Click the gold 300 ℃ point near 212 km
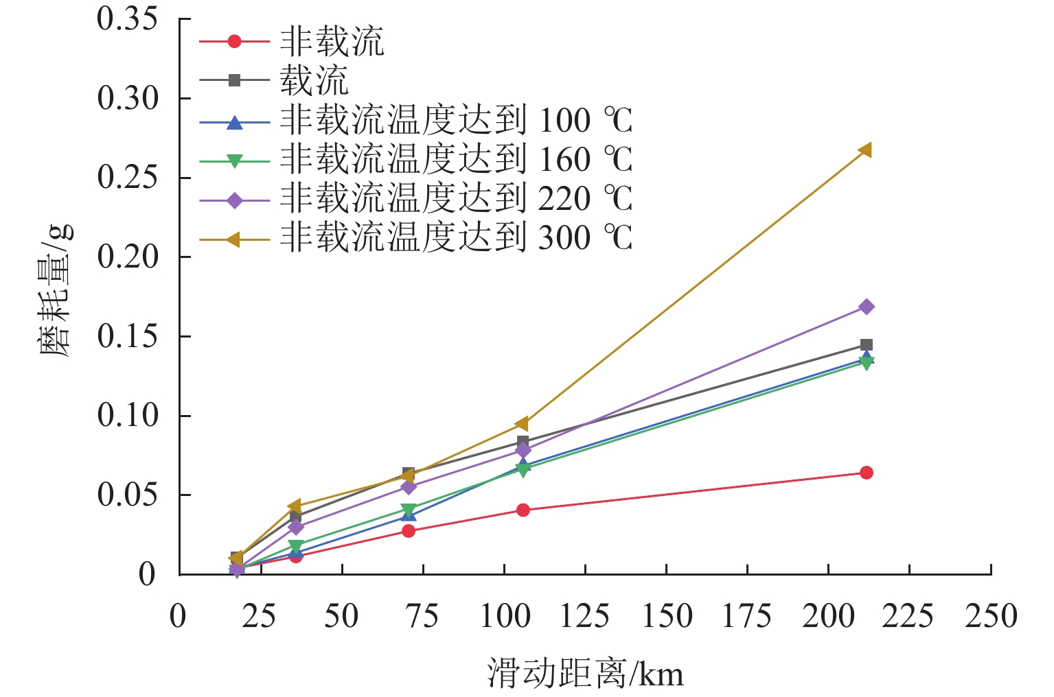tap(865, 150)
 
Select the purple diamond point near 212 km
tap(867, 307)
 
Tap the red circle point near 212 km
tap(867, 473)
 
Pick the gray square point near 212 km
tap(867, 345)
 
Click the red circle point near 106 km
tap(523, 510)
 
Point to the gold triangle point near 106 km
tap(522, 423)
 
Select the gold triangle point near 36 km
tap(295, 506)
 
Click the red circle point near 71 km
tap(409, 530)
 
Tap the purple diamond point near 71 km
tap(409, 487)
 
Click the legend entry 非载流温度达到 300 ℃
tap(456, 238)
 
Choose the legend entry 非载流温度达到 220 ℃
tap(456, 199)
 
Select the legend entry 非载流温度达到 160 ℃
tap(456, 160)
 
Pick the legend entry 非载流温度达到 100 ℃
tap(456, 121)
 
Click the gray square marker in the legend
tap(235, 80)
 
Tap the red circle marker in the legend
tap(235, 41)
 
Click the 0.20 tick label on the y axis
tap(128, 257)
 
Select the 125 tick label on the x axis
tap(585, 616)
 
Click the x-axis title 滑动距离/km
tap(585, 673)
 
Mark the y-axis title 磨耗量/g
tap(56, 292)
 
